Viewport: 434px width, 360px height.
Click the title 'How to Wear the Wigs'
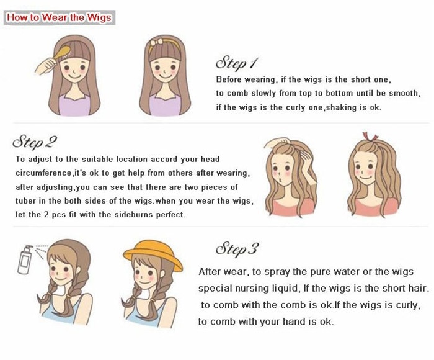click(59, 17)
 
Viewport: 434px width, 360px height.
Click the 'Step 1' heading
click(236, 63)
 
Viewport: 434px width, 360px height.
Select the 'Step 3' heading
click(236, 250)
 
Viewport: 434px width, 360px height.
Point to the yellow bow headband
click(167, 45)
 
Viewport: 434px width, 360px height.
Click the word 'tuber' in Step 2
click(27, 201)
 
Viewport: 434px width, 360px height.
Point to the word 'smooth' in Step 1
click(403, 94)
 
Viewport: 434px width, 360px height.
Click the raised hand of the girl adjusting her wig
click(275, 145)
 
